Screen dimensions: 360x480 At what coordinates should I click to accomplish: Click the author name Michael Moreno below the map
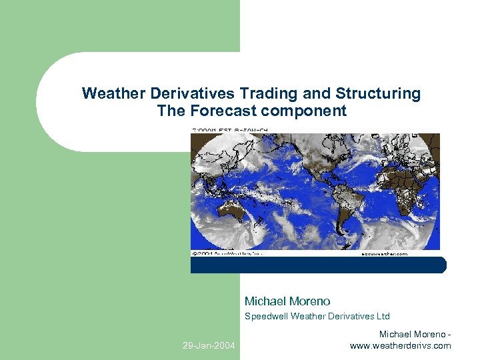pyautogui.click(x=287, y=301)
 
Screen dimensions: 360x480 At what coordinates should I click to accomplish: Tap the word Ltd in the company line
pyautogui.click(x=381, y=316)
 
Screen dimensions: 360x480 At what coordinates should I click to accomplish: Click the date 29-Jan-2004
pyautogui.click(x=209, y=345)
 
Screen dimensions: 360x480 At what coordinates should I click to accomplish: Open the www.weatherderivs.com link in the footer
pyautogui.click(x=400, y=345)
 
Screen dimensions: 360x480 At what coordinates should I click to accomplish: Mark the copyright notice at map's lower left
pyautogui.click(x=227, y=253)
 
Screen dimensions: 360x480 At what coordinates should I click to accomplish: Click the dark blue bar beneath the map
pyautogui.click(x=318, y=265)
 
